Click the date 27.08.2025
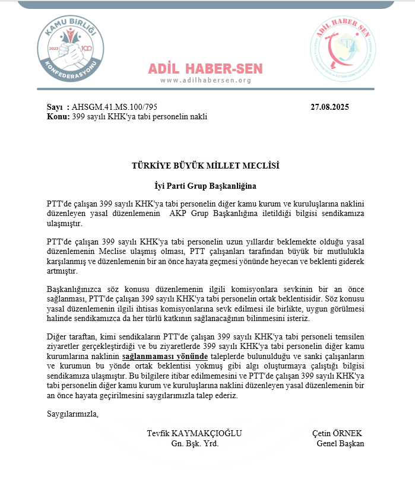pyautogui.click(x=330, y=107)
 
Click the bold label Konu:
pyautogui.click(x=58, y=117)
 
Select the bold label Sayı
pyautogui.click(x=55, y=107)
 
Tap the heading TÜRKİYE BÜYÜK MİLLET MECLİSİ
pyautogui.click(x=205, y=166)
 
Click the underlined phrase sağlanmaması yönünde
pyautogui.click(x=165, y=357)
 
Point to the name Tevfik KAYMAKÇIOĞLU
pyautogui.click(x=194, y=433)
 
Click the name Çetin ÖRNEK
pyautogui.click(x=337, y=433)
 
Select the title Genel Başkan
pyautogui.click(x=340, y=443)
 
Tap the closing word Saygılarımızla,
pyautogui.click(x=72, y=414)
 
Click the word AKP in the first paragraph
pyautogui.click(x=178, y=213)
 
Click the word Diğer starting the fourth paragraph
pyautogui.click(x=57, y=336)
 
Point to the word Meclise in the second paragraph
pyautogui.click(x=119, y=252)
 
